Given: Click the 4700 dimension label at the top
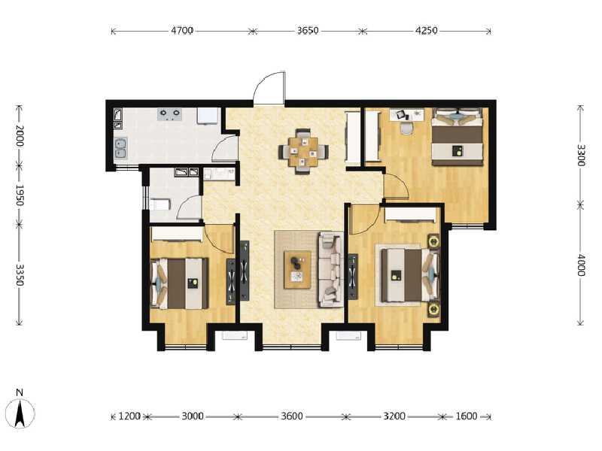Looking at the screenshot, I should [x=182, y=31].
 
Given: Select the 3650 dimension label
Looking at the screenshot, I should [x=308, y=31].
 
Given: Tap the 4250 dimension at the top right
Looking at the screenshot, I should [x=427, y=31].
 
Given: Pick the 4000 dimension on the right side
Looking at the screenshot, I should [x=580, y=265].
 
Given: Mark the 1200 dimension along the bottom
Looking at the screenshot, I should [x=130, y=416].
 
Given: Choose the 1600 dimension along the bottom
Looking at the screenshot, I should [x=466, y=416].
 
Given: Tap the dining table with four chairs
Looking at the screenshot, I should [x=303, y=151].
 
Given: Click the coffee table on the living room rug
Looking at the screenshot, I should [x=297, y=268].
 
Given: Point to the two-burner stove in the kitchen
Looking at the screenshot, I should [x=169, y=114].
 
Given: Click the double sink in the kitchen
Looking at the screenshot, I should [x=120, y=147].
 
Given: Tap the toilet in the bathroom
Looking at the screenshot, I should [x=161, y=204].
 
